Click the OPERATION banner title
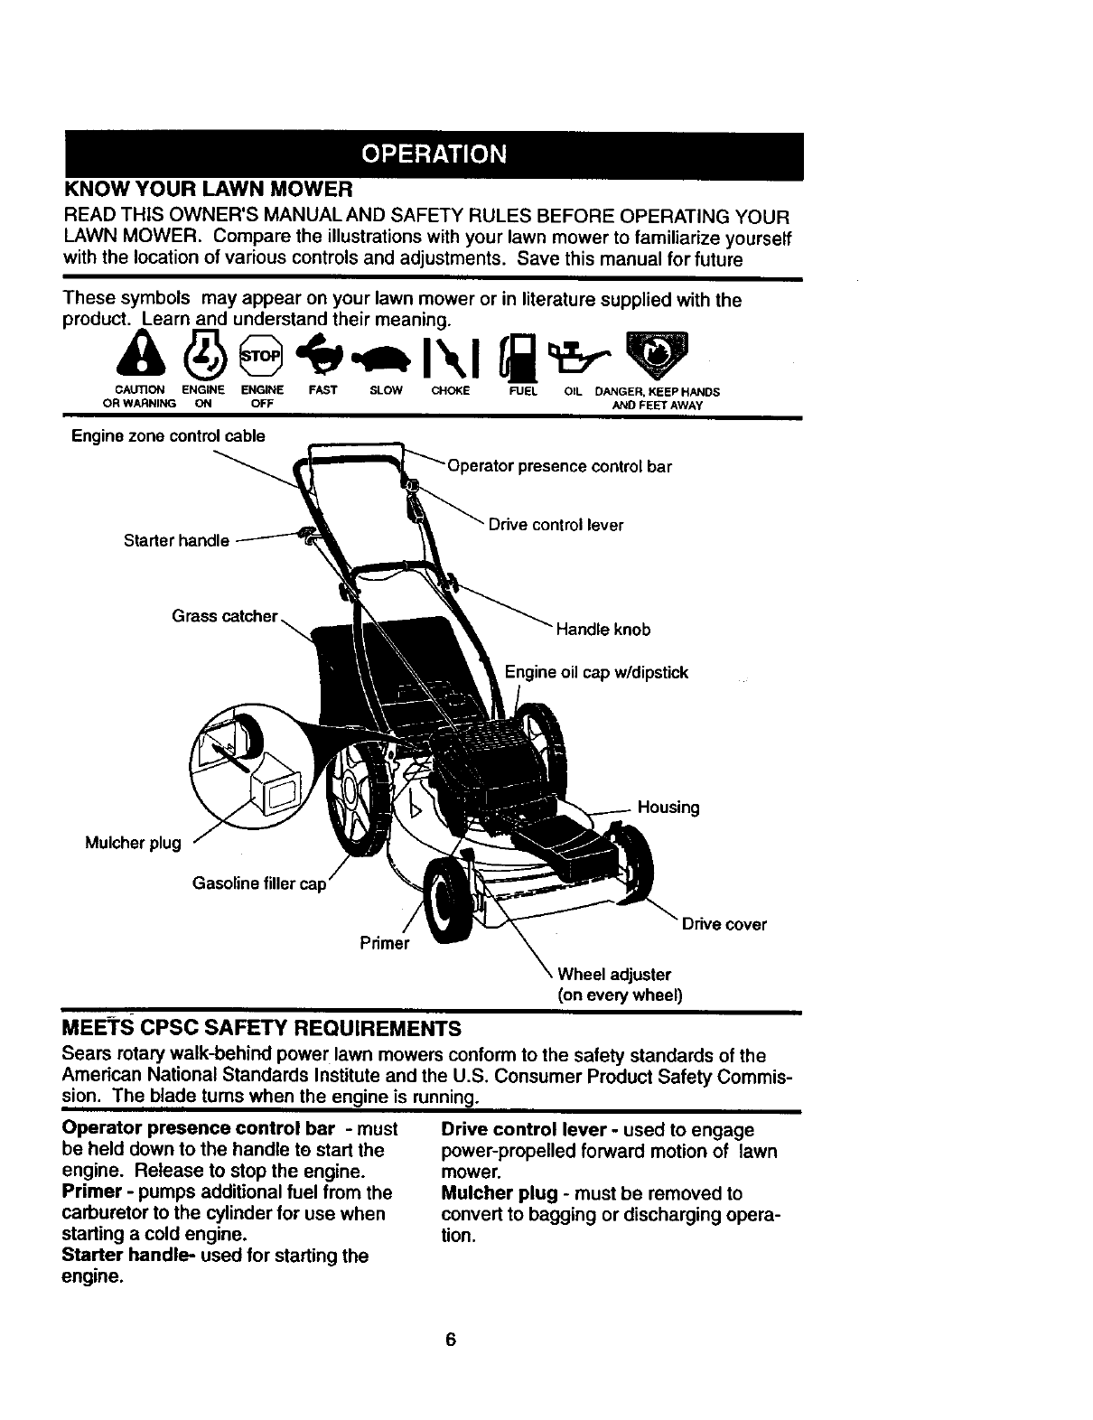pos(433,154)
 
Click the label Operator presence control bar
pos(559,467)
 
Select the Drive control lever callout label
pos(556,525)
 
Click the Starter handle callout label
pos(176,541)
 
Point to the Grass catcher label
pos(224,616)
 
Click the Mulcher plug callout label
pos(133,843)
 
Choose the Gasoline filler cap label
pos(259,883)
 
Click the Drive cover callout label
pos(724,924)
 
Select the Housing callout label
pos(668,807)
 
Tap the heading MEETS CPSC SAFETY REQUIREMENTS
pos(261,1029)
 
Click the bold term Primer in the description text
pos(88,1191)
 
